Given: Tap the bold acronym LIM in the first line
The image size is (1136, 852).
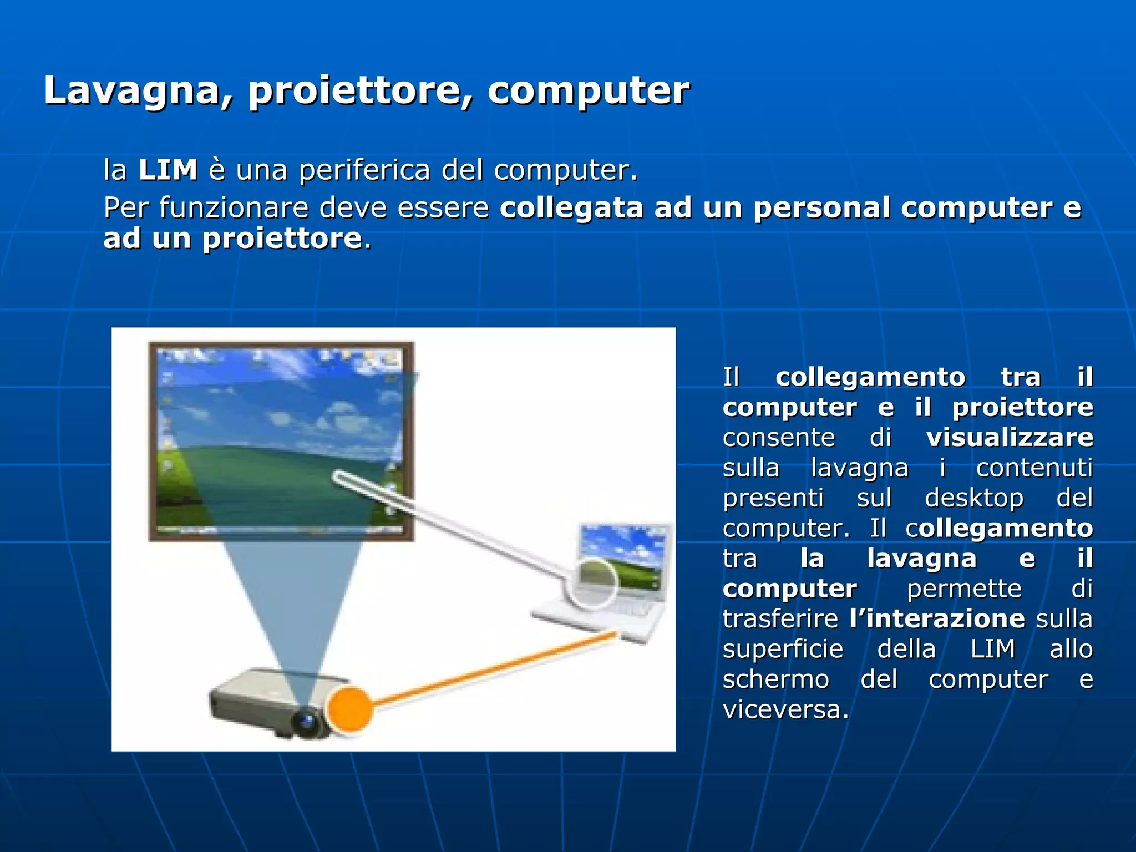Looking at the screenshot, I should pyautogui.click(x=168, y=170).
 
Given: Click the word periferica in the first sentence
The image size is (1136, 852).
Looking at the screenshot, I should pyautogui.click(x=364, y=170).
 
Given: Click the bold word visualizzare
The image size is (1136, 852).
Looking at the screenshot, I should pyautogui.click(x=1010, y=438).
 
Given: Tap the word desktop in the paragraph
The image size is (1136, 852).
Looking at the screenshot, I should pyautogui.click(x=974, y=498).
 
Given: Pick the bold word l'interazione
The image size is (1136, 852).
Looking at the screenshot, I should pyautogui.click(x=937, y=618).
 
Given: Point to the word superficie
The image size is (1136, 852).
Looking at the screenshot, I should pyautogui.click(x=783, y=649).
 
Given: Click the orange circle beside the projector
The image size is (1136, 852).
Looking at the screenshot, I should pyautogui.click(x=349, y=709).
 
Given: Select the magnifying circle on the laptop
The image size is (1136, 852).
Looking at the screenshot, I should pyautogui.click(x=591, y=581).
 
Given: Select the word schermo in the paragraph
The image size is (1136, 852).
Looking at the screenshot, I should pyautogui.click(x=775, y=679).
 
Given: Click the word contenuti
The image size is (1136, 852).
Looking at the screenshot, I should pyautogui.click(x=1034, y=468).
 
